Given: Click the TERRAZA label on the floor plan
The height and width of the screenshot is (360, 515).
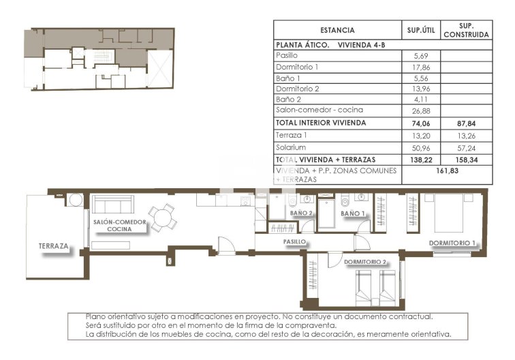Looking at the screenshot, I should coord(54,246).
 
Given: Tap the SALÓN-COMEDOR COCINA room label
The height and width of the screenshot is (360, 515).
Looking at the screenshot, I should coord(120,226).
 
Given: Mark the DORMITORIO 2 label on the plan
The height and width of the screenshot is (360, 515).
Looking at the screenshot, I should coord(365,262).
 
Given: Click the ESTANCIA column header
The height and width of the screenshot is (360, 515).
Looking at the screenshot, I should coord(337,30).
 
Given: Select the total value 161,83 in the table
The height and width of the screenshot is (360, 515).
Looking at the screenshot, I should coord(446,171).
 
